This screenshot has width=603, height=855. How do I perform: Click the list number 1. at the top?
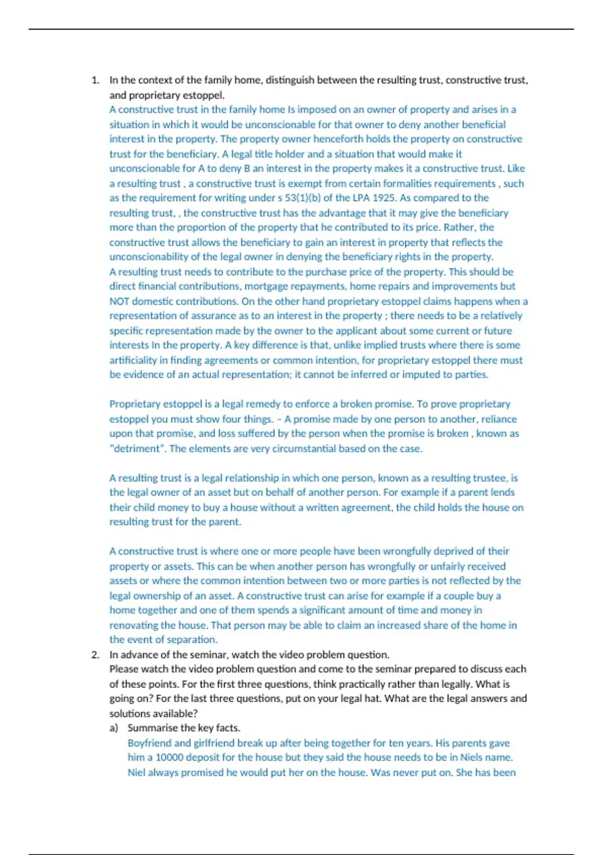(x=95, y=80)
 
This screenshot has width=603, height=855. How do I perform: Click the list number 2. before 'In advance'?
(x=95, y=655)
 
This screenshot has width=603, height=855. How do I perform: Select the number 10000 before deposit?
(x=170, y=757)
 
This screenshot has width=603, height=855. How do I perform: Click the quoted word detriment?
(x=137, y=449)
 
